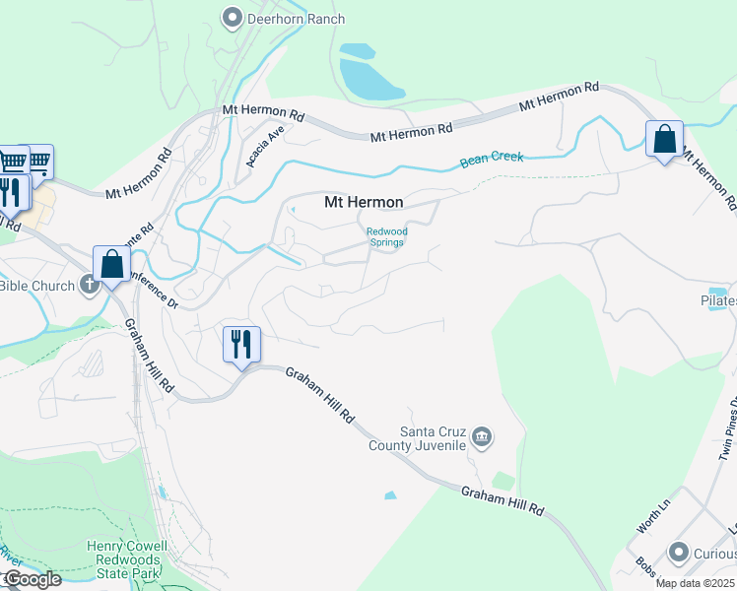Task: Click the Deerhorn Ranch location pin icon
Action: point(234,17)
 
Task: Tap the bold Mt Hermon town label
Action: point(364,202)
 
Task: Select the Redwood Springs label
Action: point(385,237)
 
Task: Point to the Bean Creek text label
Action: point(492,159)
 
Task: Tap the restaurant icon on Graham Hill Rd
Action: point(241,345)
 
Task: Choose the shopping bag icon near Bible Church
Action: point(112,264)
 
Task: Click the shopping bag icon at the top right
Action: point(665,139)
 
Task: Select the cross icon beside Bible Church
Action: point(90,286)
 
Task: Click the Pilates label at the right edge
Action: point(718,300)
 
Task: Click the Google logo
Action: point(32,579)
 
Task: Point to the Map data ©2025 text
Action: point(694,583)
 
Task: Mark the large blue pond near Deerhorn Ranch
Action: point(368,78)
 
